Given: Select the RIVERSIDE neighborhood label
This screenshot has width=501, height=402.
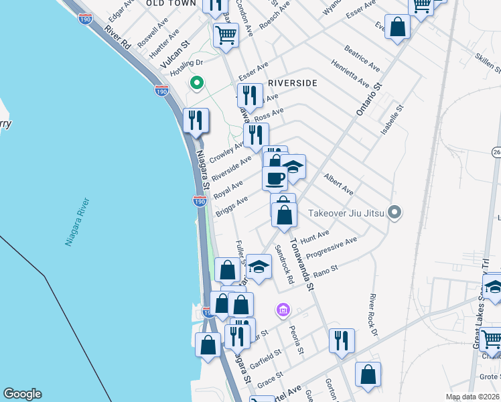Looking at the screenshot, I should [x=292, y=83].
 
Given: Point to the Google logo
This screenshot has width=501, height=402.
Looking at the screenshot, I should [x=21, y=394].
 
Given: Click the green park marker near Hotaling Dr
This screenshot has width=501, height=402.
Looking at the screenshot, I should [x=196, y=83].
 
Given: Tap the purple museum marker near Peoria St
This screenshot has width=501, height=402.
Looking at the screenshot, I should [x=283, y=310].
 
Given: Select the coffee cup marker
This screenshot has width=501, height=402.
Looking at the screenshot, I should [x=275, y=178].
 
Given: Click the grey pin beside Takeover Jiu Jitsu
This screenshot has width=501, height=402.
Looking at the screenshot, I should [x=395, y=213].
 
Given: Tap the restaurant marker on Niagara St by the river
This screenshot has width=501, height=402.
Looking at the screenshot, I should [x=196, y=121].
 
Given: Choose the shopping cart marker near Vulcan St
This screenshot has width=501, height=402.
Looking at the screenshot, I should [x=226, y=34].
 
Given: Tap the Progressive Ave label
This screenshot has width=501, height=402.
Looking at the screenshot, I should [x=332, y=249].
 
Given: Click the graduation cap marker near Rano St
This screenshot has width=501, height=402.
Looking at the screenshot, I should [x=259, y=267].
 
